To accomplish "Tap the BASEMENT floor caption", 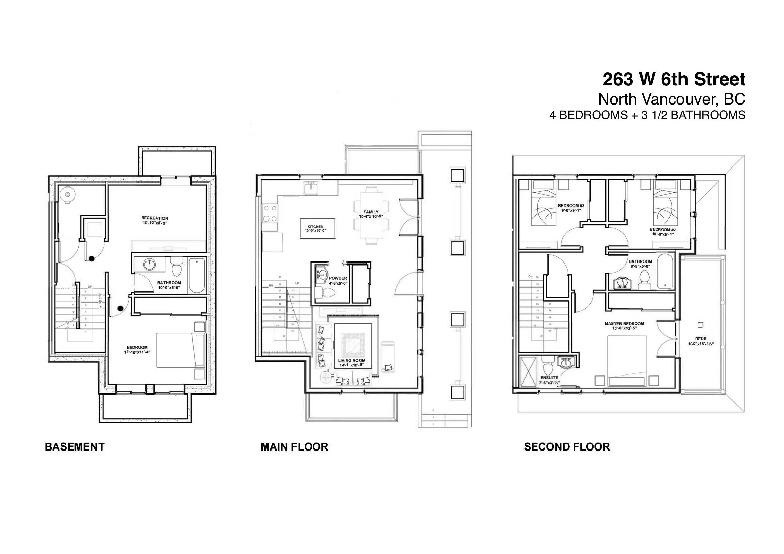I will click(74, 447).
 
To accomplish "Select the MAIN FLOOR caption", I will click(294, 447).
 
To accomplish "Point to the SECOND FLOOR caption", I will click(567, 447).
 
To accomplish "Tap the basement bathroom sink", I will click(149, 264).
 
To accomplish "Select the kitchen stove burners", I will click(270, 213).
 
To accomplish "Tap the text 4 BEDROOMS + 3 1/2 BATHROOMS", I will click(647, 115).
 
